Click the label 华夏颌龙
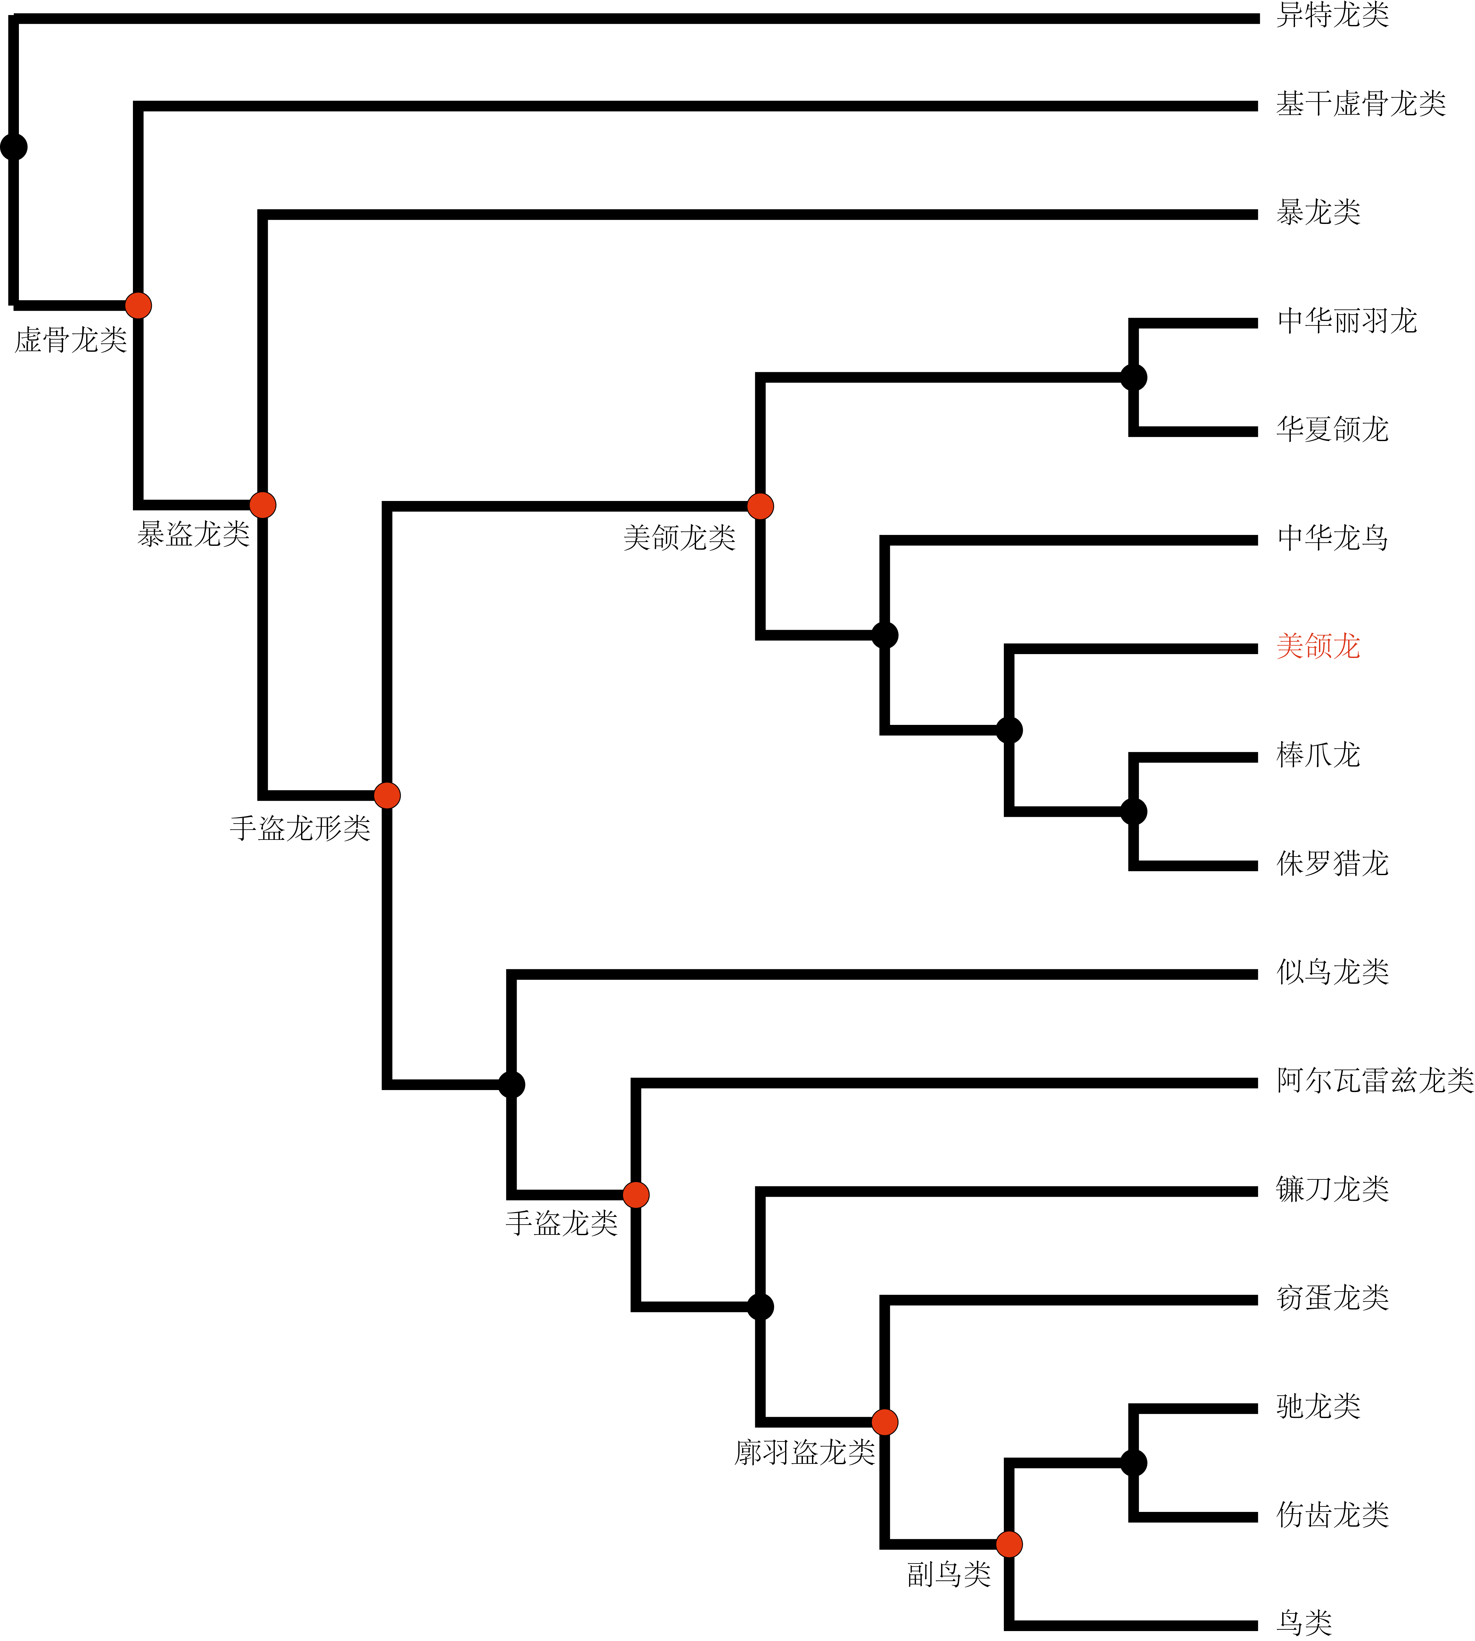(x=1332, y=430)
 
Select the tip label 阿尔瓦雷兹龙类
(x=1374, y=1080)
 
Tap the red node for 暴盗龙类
(x=263, y=505)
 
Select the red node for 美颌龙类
(x=760, y=506)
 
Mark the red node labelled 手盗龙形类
(x=387, y=796)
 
